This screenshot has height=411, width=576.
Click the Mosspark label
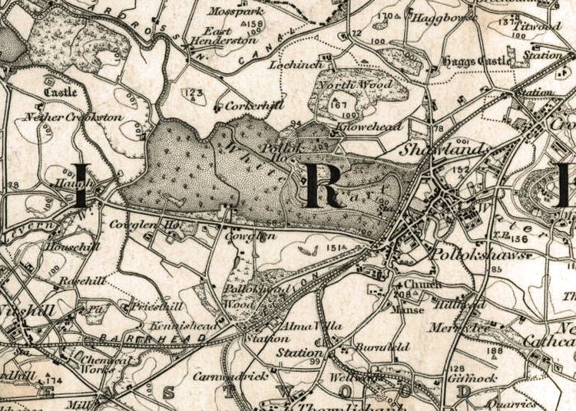click(x=237, y=12)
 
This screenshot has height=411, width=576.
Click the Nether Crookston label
click(x=73, y=117)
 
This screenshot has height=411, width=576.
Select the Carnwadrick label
click(x=241, y=376)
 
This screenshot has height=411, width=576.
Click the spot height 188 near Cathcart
click(x=516, y=351)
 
